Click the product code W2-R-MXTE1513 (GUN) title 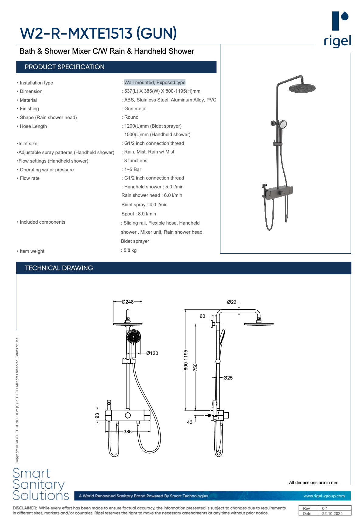click(98, 33)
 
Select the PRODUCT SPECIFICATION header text click(64, 67)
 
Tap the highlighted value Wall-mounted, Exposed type click(155, 83)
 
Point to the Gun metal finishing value click(135, 109)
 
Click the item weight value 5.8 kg click(130, 250)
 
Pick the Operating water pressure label click(47, 170)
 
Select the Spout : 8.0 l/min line click(139, 214)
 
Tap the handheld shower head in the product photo click(283, 124)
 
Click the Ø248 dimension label click(128, 302)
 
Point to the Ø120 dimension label click(152, 353)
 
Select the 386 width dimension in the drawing click(128, 432)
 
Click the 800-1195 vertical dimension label click(186, 360)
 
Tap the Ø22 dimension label click(232, 302)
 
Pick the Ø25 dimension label click(228, 378)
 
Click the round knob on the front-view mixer click(128, 415)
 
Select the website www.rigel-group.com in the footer click(324, 496)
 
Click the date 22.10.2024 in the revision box click(332, 514)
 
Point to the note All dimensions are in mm click(313, 483)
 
